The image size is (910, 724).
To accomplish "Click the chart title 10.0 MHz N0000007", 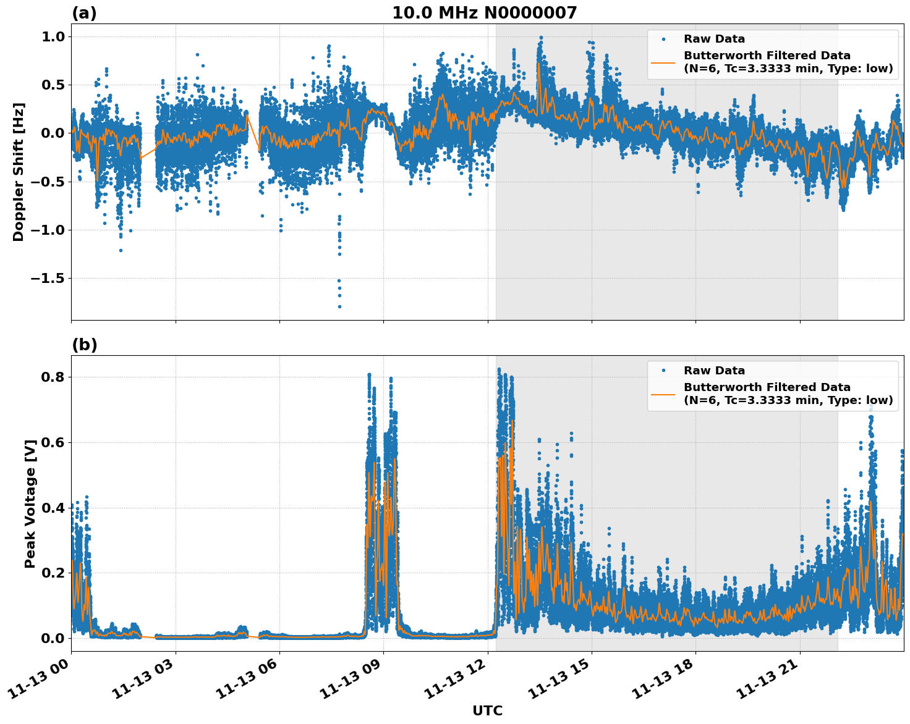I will (484, 13).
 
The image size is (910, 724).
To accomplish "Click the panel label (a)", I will (84, 13).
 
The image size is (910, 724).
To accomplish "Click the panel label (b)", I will (84, 345).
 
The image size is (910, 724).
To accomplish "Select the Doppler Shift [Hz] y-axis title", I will (19, 172).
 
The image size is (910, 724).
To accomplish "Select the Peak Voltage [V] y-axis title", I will (30, 503).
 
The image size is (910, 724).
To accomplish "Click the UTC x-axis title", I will (487, 710).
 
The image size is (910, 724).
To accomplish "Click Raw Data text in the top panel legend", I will (714, 39).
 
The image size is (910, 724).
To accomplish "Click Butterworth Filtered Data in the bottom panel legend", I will (767, 387).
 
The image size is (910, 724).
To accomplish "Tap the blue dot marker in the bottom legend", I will (663, 371).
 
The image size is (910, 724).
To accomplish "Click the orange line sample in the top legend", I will (663, 62).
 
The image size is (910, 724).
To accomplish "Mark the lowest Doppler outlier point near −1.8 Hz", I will (339, 306).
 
